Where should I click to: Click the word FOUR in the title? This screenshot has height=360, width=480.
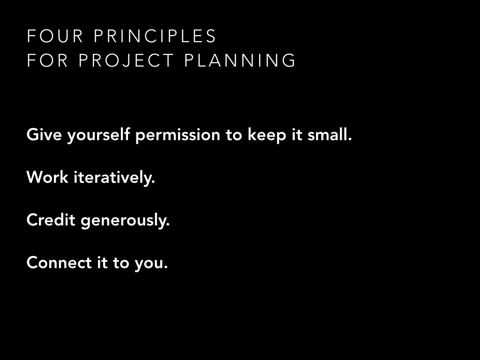pos(55,36)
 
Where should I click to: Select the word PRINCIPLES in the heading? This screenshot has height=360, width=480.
pos(155,36)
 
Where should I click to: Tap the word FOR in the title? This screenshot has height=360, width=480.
pos(47,60)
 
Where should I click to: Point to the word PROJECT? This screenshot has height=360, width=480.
pos(126,60)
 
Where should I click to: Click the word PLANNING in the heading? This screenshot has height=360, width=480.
pos(240,60)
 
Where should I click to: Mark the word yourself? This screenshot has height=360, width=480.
pos(98,135)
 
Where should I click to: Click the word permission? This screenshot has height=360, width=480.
pos(178,136)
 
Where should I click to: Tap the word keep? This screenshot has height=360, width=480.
pos(267,136)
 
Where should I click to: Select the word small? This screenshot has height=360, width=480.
pos(328,135)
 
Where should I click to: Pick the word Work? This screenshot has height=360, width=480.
pos(47,178)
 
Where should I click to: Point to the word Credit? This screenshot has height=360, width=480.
pos(51,220)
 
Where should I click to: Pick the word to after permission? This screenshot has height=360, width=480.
pos(234,135)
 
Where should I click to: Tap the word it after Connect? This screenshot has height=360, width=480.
pos(102,263)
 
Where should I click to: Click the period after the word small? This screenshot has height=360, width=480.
pos(350,140)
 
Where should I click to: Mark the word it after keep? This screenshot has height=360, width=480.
pos(297,135)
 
